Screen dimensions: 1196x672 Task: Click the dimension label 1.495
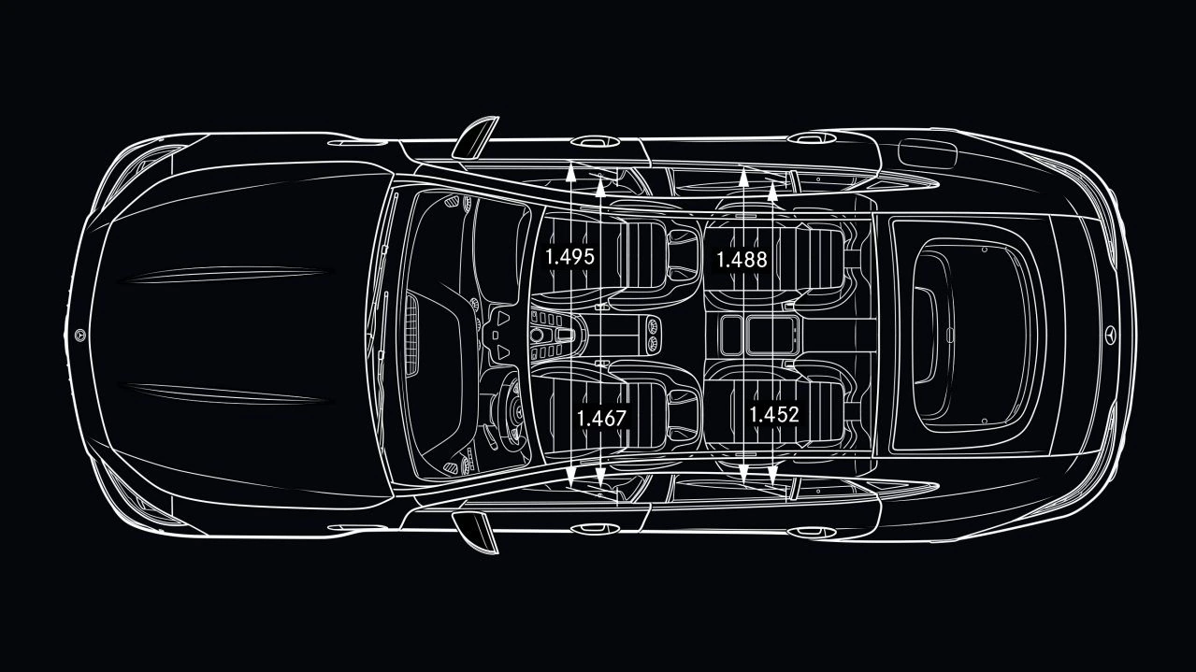pyautogui.click(x=569, y=257)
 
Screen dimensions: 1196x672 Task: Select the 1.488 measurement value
pyautogui.click(x=742, y=260)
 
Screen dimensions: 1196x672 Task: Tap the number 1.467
pyautogui.click(x=601, y=418)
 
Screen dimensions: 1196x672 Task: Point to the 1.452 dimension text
pyautogui.click(x=774, y=414)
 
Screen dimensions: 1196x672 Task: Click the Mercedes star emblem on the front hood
pyautogui.click(x=80, y=335)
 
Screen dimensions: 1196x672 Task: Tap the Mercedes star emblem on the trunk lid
pyautogui.click(x=1111, y=334)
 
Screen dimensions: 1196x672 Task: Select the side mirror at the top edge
pyautogui.click(x=475, y=137)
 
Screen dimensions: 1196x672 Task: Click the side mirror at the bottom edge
pyautogui.click(x=475, y=532)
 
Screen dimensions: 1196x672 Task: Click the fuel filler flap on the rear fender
pyautogui.click(x=928, y=152)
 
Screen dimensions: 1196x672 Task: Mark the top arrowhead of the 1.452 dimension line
pyautogui.click(x=772, y=191)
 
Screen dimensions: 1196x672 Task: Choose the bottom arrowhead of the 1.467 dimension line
pyautogui.click(x=600, y=477)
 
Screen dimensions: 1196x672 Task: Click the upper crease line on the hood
pyautogui.click(x=224, y=274)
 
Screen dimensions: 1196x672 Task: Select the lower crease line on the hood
pyautogui.click(x=224, y=393)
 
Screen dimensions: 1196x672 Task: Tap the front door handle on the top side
pyautogui.click(x=595, y=142)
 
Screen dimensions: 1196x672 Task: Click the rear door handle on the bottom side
pyautogui.click(x=812, y=532)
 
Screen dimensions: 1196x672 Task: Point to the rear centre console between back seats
pyautogui.click(x=758, y=335)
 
